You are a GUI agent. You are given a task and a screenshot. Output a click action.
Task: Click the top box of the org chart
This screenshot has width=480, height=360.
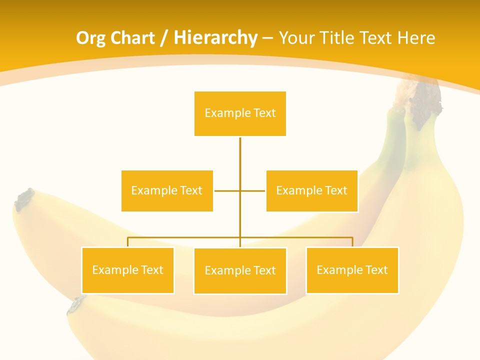(x=240, y=113)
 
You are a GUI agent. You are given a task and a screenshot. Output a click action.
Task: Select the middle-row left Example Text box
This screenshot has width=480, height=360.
(x=167, y=190)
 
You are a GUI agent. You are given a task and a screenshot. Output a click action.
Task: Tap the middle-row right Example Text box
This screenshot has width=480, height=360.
(x=311, y=190)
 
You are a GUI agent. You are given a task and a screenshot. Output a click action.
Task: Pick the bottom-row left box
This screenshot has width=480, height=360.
(x=127, y=270)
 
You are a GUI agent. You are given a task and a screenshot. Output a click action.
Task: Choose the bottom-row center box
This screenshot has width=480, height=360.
(x=240, y=270)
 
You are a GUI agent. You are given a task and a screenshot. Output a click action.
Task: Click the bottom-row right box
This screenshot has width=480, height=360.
(x=352, y=270)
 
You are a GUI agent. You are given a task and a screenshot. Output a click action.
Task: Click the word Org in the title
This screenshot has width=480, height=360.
(x=90, y=38)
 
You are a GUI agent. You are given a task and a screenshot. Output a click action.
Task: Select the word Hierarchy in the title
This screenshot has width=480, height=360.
(x=215, y=38)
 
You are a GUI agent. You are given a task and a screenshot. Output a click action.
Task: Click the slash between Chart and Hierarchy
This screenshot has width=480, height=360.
(x=164, y=38)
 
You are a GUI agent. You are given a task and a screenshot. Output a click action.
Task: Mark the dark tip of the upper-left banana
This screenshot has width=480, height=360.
(x=23, y=199)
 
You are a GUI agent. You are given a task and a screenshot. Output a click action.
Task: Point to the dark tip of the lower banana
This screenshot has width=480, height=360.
(x=76, y=304)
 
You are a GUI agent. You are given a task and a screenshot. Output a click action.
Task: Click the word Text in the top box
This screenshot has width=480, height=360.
(x=265, y=113)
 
